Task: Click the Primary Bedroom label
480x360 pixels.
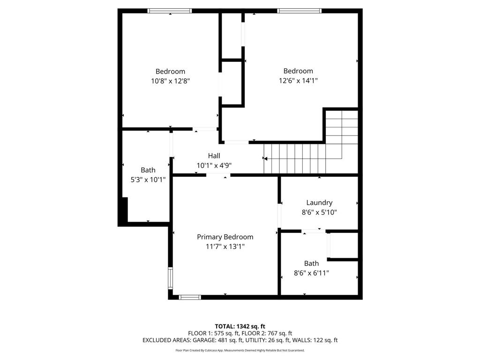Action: coord(225,237)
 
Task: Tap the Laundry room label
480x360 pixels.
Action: coord(319,202)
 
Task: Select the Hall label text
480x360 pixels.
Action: coord(214,156)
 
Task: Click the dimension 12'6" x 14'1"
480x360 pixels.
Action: coord(298,81)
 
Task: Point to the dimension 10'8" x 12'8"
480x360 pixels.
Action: coord(170,81)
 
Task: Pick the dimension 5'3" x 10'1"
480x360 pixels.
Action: coord(148,179)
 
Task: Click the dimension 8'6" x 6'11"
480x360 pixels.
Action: coord(311,273)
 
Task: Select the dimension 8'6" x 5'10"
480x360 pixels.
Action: coord(319,212)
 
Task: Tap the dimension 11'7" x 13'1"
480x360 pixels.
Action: coord(225,247)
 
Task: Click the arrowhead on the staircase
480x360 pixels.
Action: coord(265,159)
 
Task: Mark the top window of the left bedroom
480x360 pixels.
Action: coord(170,11)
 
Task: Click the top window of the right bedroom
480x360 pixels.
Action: coord(299,11)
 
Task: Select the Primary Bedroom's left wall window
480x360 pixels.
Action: coord(171,278)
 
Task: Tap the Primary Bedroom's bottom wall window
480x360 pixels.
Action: coord(190,297)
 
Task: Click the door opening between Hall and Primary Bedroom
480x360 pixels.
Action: coord(218,175)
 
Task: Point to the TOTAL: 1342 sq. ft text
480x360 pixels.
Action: coord(240,326)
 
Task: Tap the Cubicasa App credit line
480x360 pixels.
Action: coord(240,350)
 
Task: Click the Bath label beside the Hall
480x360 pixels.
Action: coord(148,170)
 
